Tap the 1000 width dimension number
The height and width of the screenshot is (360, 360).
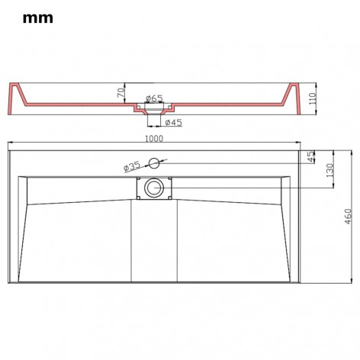(156, 139)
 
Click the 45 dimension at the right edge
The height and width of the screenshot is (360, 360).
(310, 156)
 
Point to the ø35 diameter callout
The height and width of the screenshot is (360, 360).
(130, 166)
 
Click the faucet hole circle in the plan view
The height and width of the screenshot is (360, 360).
(154, 161)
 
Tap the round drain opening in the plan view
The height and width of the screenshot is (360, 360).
(155, 187)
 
